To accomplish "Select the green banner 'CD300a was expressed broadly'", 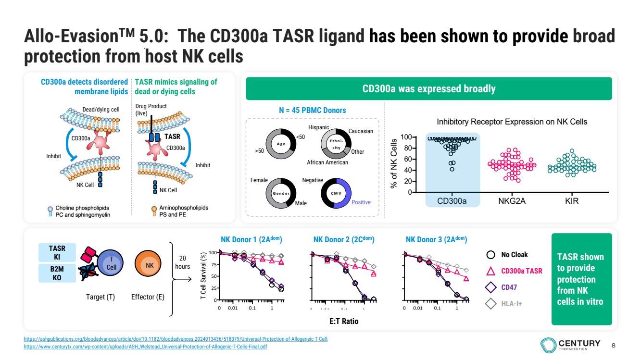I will (x=428, y=89).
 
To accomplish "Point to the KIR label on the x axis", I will (x=572, y=201).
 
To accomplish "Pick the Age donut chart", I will (x=280, y=143).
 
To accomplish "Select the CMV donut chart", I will (x=336, y=193).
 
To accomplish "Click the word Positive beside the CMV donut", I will (x=361, y=202).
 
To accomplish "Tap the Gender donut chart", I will (x=280, y=193).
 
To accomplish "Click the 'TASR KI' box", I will (x=57, y=252).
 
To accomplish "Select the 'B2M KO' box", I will (x=57, y=273).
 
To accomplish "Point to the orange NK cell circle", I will (x=150, y=265).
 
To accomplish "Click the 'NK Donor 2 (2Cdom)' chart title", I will (x=343, y=239).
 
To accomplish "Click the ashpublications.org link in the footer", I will (x=176, y=339).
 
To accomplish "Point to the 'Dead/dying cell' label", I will (x=101, y=110).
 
